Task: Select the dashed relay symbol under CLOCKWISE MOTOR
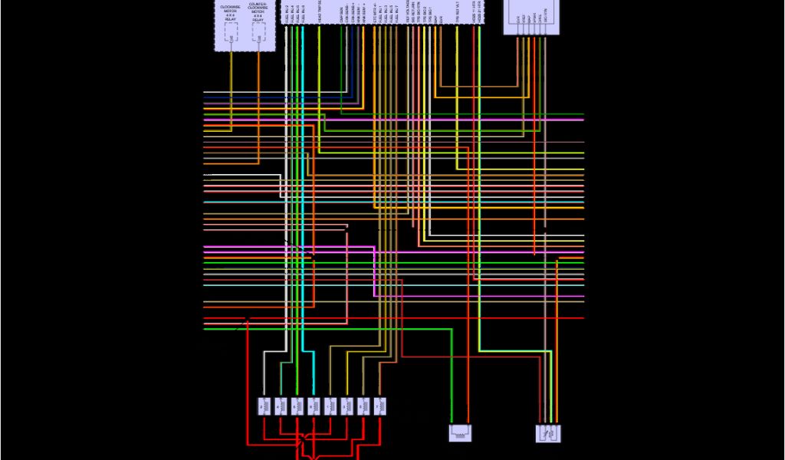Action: [x=231, y=33]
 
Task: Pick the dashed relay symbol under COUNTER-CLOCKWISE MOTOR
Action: [x=260, y=33]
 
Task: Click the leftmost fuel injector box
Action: [x=262, y=406]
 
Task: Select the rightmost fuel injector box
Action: [x=379, y=406]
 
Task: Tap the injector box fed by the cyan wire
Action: [x=312, y=406]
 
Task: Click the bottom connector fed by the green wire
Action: [x=459, y=433]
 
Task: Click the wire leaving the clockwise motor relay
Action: [x=231, y=77]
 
